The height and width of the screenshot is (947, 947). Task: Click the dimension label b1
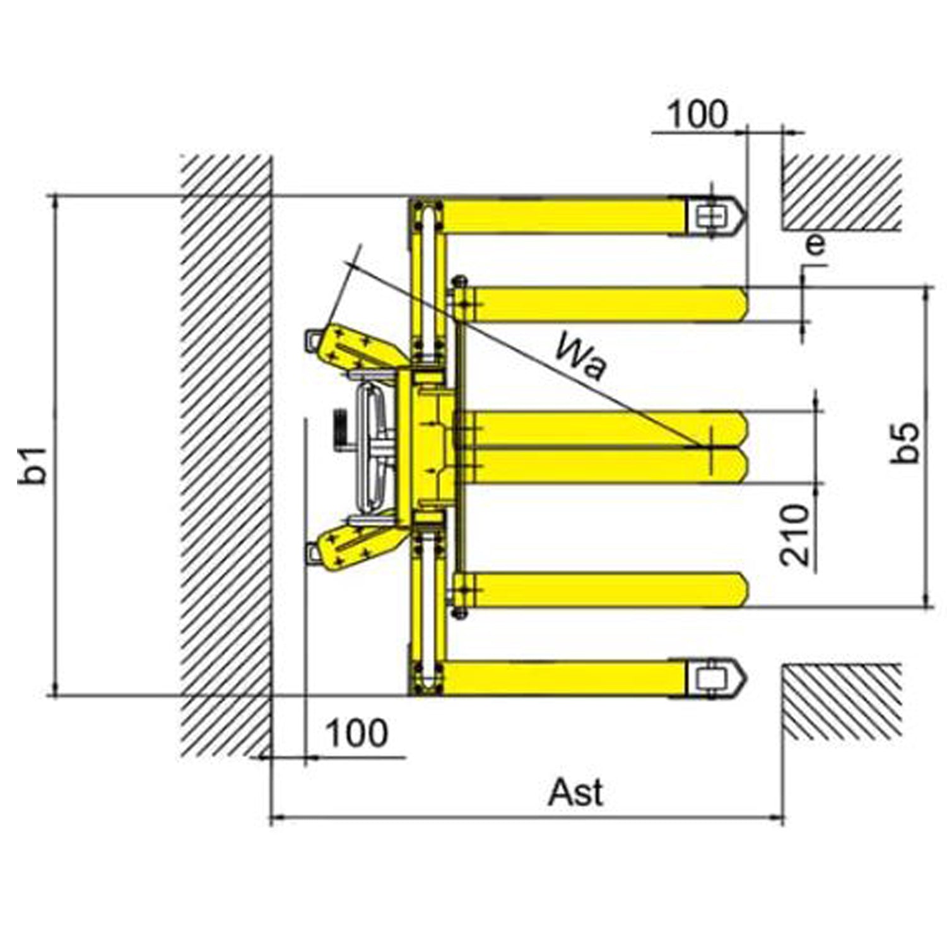(33, 465)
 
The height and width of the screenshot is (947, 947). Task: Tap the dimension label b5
(905, 443)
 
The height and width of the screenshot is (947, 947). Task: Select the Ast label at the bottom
(575, 792)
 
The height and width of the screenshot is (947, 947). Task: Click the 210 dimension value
(794, 534)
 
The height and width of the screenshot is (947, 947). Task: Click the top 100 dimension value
(697, 115)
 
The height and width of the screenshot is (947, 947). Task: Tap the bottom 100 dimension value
(356, 733)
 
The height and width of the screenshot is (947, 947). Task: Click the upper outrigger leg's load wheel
(707, 216)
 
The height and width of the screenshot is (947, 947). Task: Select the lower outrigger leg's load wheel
(707, 678)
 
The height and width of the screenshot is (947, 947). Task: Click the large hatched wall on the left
(226, 454)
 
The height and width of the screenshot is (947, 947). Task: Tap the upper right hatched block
(841, 192)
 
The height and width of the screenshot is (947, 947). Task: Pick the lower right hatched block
(841, 702)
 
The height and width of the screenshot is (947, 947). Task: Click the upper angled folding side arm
(356, 349)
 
